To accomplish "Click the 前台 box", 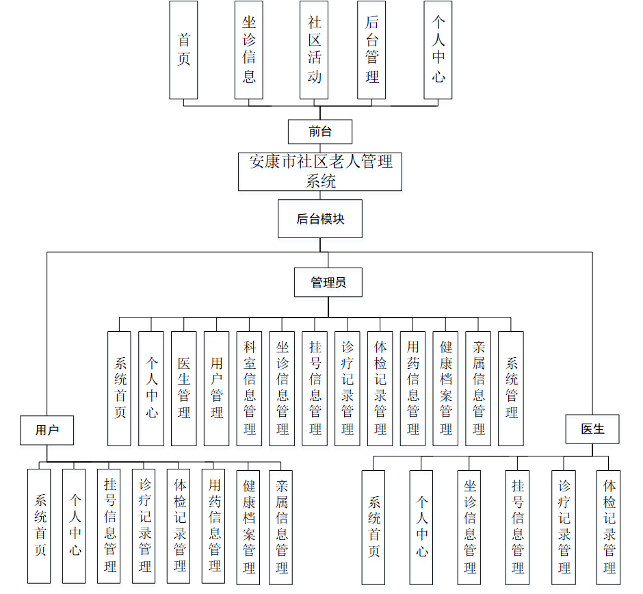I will click(320, 131).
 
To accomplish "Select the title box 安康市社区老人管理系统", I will click(320, 171).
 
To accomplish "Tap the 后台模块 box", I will click(320, 219).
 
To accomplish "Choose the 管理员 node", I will click(328, 282).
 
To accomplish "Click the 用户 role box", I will click(47, 430).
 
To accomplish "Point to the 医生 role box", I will click(592, 429).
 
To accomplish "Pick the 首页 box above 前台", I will click(183, 49).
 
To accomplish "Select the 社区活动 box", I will click(314, 49).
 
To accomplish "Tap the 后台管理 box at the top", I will click(371, 49).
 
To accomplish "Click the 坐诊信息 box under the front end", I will click(249, 49).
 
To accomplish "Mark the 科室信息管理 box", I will click(250, 389).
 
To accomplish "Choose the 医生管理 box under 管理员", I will click(184, 389).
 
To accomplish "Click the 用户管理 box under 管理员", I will click(217, 389).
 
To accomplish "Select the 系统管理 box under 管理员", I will click(511, 389).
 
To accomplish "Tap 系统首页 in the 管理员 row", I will click(119, 389).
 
